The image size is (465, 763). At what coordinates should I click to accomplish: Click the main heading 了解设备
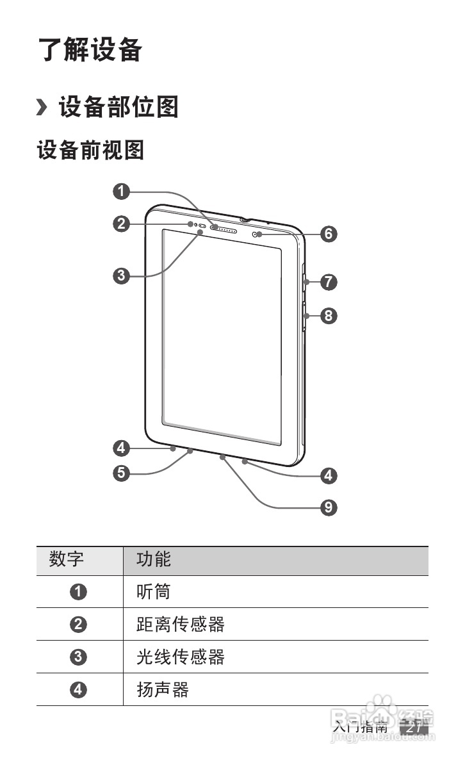tap(90, 50)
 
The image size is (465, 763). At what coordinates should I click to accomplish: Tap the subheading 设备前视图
tap(90, 151)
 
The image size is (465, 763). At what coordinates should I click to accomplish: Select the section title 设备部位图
tap(118, 106)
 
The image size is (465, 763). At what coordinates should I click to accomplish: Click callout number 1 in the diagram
tap(122, 190)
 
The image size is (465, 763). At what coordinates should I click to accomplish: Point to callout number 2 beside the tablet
tap(122, 224)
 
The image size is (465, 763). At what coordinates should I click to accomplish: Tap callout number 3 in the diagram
tap(122, 276)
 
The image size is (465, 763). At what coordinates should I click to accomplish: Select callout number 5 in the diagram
tap(122, 473)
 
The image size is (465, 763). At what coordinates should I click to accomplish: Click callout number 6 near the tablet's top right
tap(329, 234)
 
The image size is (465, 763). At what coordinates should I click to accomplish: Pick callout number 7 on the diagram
tap(329, 281)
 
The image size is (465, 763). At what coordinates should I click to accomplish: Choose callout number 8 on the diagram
tap(329, 315)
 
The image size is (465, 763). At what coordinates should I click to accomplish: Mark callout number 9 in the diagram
tap(329, 508)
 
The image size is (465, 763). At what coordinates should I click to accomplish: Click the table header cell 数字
tap(67, 560)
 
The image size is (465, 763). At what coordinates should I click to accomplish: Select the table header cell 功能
tap(154, 560)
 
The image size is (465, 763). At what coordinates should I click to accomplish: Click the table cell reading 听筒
tap(154, 591)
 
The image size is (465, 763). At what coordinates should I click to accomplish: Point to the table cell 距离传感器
tap(181, 624)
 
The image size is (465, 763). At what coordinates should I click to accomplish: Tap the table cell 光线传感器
tap(181, 657)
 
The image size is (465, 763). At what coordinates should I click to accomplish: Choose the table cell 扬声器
tap(163, 689)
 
